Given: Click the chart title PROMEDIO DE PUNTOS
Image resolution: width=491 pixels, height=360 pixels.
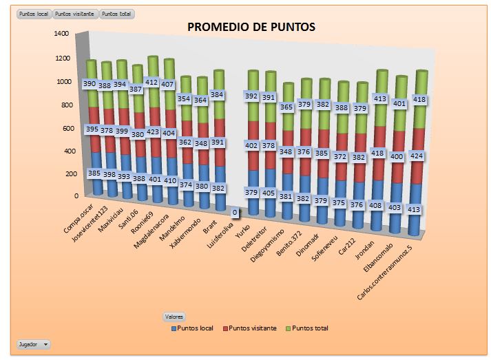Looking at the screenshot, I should [251, 27].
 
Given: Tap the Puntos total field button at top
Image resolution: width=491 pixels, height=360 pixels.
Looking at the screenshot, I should [118, 14].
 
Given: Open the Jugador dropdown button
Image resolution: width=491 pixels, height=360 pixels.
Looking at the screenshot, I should [33, 343].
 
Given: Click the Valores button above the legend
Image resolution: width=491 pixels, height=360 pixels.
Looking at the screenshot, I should [174, 316].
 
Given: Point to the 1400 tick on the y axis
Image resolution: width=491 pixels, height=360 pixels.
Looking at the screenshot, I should [61, 34].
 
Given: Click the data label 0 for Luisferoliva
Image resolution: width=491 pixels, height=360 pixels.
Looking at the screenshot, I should [236, 213].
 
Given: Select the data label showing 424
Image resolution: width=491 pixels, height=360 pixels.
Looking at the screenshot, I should [417, 156].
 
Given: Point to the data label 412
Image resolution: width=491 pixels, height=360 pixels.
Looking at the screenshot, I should [152, 83].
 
